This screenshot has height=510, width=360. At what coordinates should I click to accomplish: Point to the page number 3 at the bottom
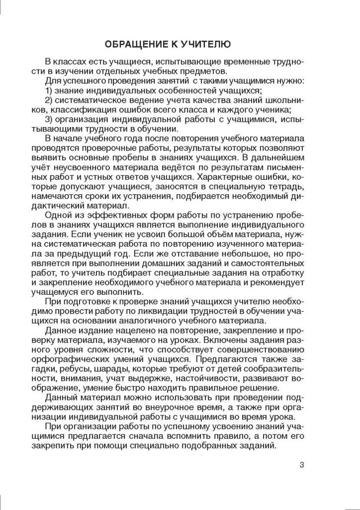[301, 465]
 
